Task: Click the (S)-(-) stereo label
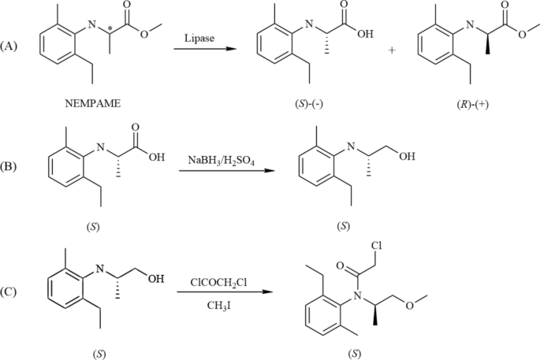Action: coord(313,103)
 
